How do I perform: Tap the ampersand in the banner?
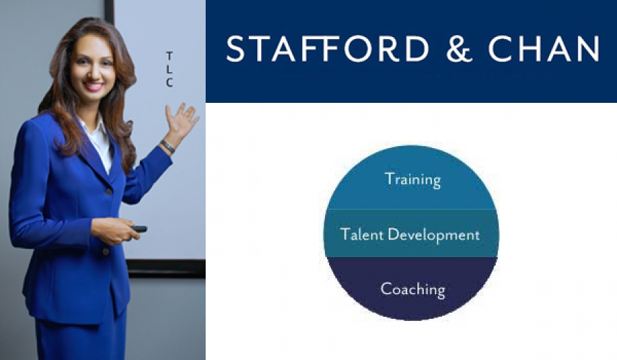(459, 49)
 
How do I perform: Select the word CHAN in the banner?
(544, 49)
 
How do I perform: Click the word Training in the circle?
(413, 180)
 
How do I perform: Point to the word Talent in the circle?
(361, 234)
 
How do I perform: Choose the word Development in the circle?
(434, 235)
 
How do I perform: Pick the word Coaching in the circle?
(413, 289)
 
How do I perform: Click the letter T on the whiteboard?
(169, 56)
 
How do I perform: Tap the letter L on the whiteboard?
(169, 69)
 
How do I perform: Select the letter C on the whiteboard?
(169, 82)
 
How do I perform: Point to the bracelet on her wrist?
(167, 146)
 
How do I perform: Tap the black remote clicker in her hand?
(139, 228)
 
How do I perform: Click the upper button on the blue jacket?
(108, 191)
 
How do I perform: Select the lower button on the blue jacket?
(106, 251)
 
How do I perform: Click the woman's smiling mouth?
(94, 86)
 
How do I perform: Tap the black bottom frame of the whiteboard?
(165, 268)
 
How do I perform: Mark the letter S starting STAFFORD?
(235, 49)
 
